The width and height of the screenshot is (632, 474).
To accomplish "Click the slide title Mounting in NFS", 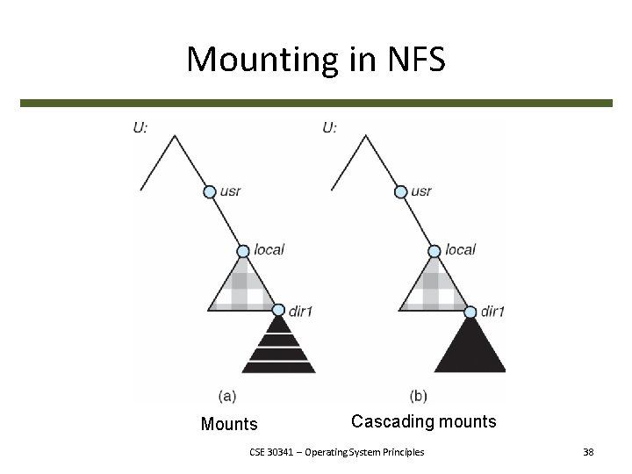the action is pyautogui.click(x=316, y=60).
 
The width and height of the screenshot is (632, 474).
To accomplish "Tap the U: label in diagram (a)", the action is pyautogui.click(x=140, y=128).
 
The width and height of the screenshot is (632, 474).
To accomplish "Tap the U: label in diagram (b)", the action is pyautogui.click(x=329, y=128).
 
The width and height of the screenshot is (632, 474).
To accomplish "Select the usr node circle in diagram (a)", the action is pyautogui.click(x=210, y=192).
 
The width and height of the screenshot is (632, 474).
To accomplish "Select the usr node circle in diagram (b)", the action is pyautogui.click(x=400, y=192).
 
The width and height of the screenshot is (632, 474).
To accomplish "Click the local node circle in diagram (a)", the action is pyautogui.click(x=244, y=251).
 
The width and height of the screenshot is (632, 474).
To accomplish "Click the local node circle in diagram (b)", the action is pyautogui.click(x=434, y=251).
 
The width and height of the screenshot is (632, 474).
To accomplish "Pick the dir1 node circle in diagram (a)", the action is pyautogui.click(x=278, y=310).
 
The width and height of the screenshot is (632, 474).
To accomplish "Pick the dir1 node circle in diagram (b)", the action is pyautogui.click(x=469, y=311).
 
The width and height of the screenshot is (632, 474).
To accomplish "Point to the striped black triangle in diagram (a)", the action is pyautogui.click(x=278, y=348).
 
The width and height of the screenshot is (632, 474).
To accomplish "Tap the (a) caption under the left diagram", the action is pyautogui.click(x=226, y=394).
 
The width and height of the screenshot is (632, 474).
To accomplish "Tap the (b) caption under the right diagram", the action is pyautogui.click(x=419, y=394).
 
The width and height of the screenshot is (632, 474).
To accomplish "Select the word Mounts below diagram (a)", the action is pyautogui.click(x=229, y=425).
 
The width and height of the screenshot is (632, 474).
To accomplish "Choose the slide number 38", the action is pyautogui.click(x=588, y=452).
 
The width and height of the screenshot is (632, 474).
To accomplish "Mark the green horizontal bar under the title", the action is pyautogui.click(x=316, y=103).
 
